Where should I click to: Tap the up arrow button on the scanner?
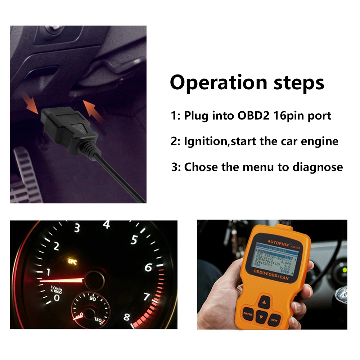pyautogui.click(x=264, y=302)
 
